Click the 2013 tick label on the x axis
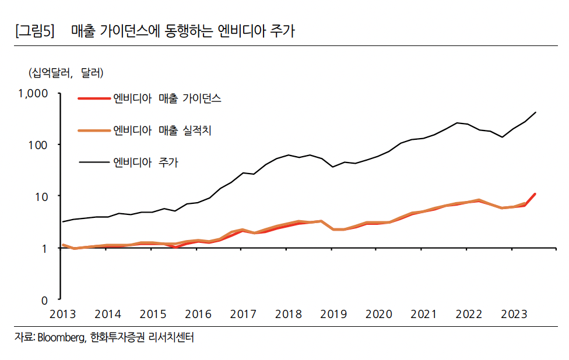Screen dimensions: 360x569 pos(62,315)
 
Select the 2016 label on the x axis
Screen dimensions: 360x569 pos(198,315)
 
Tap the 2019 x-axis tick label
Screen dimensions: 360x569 pos(333,315)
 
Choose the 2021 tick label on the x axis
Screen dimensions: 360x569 pos(423,315)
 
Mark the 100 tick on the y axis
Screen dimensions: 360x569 pos(43,144)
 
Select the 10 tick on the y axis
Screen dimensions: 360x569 pos(47,196)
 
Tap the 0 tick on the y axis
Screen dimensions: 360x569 pos(50,301)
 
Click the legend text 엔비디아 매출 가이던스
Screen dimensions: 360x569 pos(167,98)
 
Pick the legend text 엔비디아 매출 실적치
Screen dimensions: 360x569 pos(162,130)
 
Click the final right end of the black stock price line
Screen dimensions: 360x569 pos(535,112)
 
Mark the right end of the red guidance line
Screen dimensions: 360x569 pos(535,194)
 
